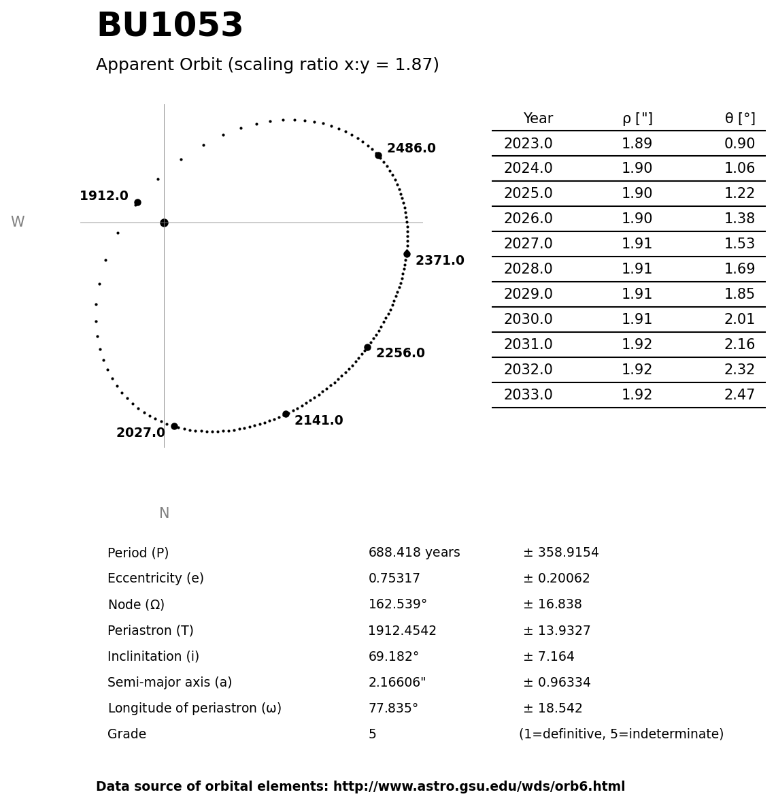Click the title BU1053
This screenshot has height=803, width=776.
pyautogui.click(x=169, y=27)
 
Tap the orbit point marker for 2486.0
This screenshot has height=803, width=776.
pyautogui.click(x=378, y=155)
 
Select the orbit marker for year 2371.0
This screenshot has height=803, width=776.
pyautogui.click(x=407, y=254)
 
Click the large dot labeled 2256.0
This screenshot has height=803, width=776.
pyautogui.click(x=367, y=347)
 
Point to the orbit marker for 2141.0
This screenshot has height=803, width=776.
pyautogui.click(x=286, y=414)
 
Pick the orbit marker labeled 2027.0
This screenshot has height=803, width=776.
pyautogui.click(x=174, y=426)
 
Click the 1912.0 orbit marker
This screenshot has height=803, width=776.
pyautogui.click(x=137, y=202)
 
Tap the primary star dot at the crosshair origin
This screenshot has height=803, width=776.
pyautogui.click(x=164, y=223)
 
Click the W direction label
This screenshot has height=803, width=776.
pyautogui.click(x=18, y=223)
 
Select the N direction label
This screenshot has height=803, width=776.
pyautogui.click(x=164, y=514)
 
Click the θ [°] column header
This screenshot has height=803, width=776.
pyautogui.click(x=739, y=119)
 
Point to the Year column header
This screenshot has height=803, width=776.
pyautogui.click(x=538, y=119)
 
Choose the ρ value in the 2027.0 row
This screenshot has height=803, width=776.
pyautogui.click(x=637, y=244)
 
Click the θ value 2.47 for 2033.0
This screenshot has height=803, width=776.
pyautogui.click(x=739, y=395)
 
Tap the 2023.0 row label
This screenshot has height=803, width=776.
pyautogui.click(x=528, y=144)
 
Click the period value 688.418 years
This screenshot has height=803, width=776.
pyautogui.click(x=414, y=553)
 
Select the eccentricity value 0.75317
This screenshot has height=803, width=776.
pyautogui.click(x=394, y=579)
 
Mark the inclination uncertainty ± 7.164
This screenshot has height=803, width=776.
pyautogui.click(x=549, y=657)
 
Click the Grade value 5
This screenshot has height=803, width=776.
pyautogui.click(x=372, y=735)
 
